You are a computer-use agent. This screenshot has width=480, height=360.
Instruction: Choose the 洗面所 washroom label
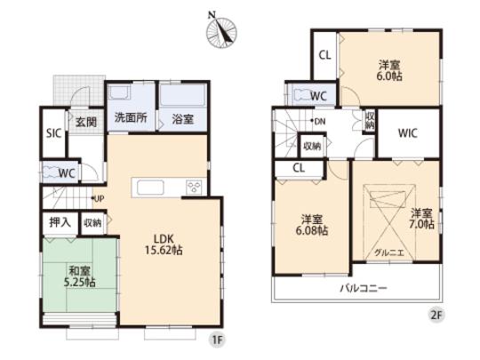pos(129,118)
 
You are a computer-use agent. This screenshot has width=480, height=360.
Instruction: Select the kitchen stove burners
pos(193,186)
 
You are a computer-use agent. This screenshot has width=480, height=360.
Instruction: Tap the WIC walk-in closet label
pos(408,134)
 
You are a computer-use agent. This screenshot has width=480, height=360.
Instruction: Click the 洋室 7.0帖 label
pos(422,220)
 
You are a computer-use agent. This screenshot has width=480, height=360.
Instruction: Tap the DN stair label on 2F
pos(317,123)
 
